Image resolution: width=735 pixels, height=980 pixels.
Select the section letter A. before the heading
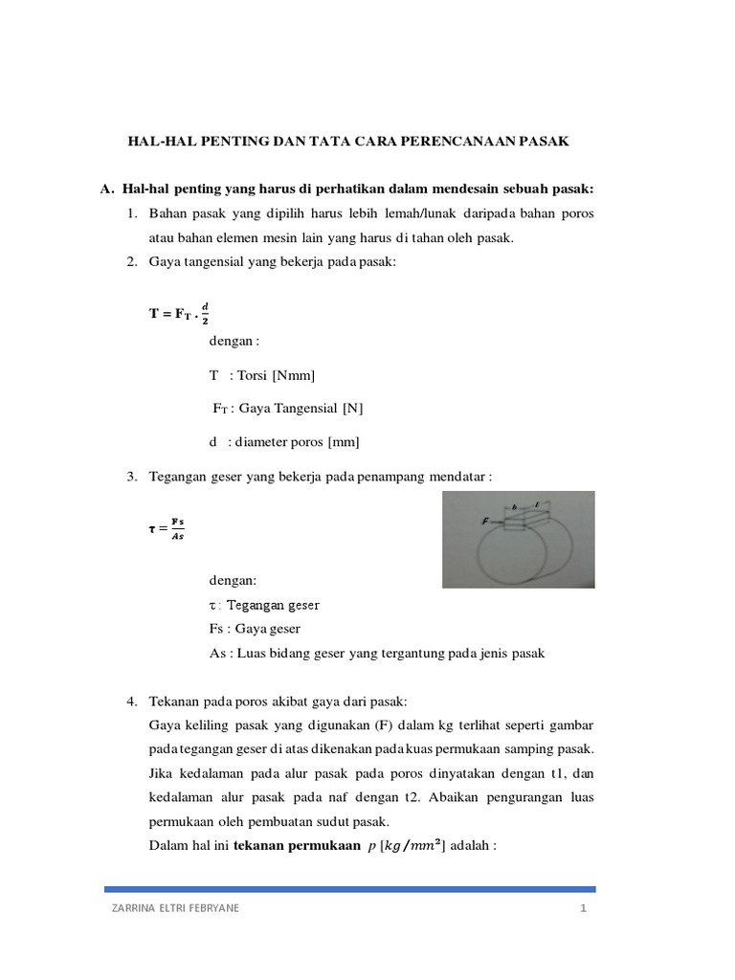(x=107, y=189)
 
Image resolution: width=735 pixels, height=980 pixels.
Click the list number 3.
(x=132, y=477)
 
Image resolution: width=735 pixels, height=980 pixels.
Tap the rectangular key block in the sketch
(x=524, y=520)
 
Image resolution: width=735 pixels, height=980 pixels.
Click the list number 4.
(x=132, y=702)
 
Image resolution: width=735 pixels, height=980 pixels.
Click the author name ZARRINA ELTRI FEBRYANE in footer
(x=176, y=909)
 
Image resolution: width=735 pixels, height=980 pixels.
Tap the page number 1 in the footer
(x=582, y=909)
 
